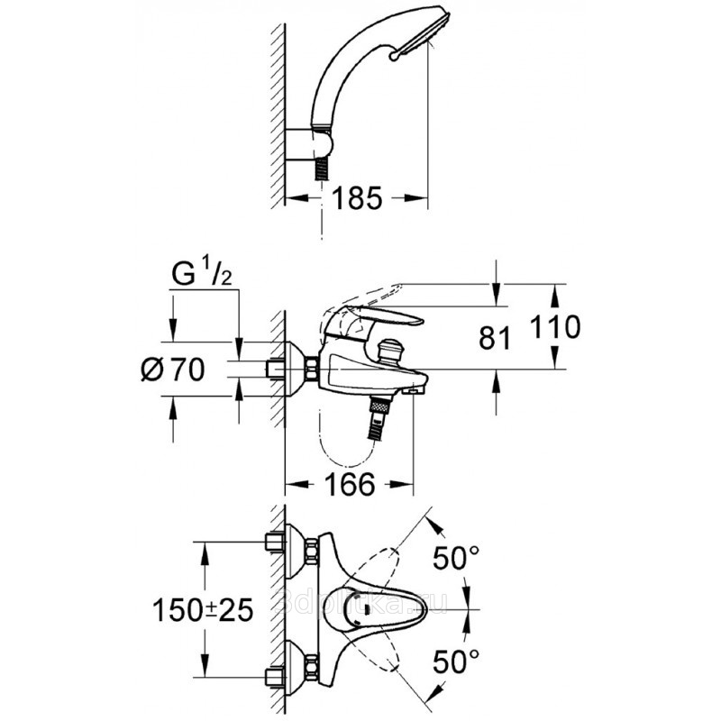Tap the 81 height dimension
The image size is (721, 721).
coord(495,339)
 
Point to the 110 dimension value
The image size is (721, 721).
coord(552,326)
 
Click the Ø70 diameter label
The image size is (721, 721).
coord(175,368)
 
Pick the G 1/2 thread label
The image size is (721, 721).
coord(203,272)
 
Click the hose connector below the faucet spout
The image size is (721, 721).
coord(379,415)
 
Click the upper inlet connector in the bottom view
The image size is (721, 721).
coord(274,543)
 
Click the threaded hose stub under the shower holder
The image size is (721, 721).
coord(318,169)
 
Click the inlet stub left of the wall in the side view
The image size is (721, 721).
coord(273,370)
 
